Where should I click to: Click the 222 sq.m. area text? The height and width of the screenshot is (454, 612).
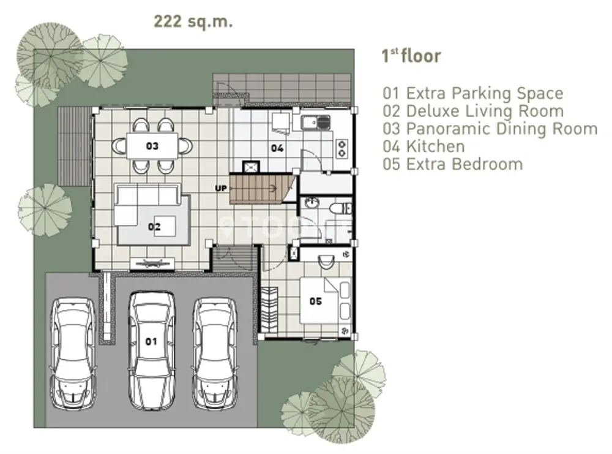click(x=193, y=22)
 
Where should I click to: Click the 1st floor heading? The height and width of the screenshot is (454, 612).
click(x=411, y=56)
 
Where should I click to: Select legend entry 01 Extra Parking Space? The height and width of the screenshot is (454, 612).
click(x=473, y=93)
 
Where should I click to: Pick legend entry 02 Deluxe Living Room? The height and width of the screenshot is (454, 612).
click(x=473, y=111)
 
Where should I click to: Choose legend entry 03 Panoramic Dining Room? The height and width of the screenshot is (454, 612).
click(x=490, y=129)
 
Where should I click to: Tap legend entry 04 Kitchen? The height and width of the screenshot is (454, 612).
click(x=424, y=146)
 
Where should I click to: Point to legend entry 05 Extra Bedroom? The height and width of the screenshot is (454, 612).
click(x=453, y=164)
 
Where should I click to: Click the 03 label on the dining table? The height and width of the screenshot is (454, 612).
click(x=152, y=146)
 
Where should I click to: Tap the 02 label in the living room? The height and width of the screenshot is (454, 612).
click(x=154, y=227)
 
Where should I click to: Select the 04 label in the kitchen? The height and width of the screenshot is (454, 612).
click(x=277, y=148)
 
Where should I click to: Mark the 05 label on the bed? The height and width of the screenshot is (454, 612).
click(x=316, y=301)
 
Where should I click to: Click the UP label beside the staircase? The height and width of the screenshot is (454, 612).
click(x=221, y=188)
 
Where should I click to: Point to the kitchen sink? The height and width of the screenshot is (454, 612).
click(x=315, y=123)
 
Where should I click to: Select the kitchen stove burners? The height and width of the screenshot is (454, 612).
click(x=342, y=148)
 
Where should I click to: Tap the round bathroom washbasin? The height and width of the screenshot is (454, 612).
click(x=312, y=204)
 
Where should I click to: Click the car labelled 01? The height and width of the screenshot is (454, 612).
click(x=152, y=350)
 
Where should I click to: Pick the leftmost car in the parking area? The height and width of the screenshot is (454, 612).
click(x=73, y=354)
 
